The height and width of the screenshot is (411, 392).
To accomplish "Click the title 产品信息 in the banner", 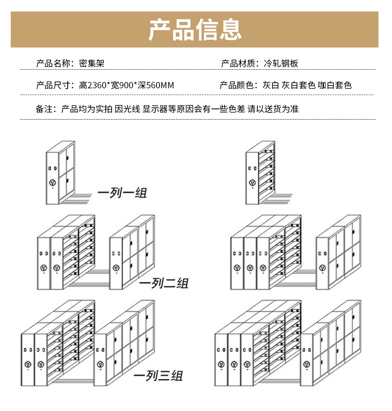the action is (195, 29).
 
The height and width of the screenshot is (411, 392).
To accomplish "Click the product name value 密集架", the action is (92, 63).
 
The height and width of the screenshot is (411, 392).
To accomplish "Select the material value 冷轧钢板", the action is (281, 63).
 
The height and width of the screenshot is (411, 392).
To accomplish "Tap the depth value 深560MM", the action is (156, 85).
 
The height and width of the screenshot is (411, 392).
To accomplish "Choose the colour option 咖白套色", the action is (335, 85).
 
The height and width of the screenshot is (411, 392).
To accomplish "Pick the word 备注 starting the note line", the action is (44, 109).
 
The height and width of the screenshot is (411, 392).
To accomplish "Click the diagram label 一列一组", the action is (122, 193).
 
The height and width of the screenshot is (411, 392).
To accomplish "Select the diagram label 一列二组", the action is (164, 284).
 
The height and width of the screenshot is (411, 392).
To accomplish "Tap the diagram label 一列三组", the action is (158, 376).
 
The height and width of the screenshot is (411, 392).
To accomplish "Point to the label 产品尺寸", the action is (53, 85).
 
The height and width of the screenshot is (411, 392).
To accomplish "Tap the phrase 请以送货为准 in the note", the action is (273, 109).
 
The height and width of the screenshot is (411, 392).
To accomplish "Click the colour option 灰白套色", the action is (299, 85).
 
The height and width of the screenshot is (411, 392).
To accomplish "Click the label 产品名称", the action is (53, 63).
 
